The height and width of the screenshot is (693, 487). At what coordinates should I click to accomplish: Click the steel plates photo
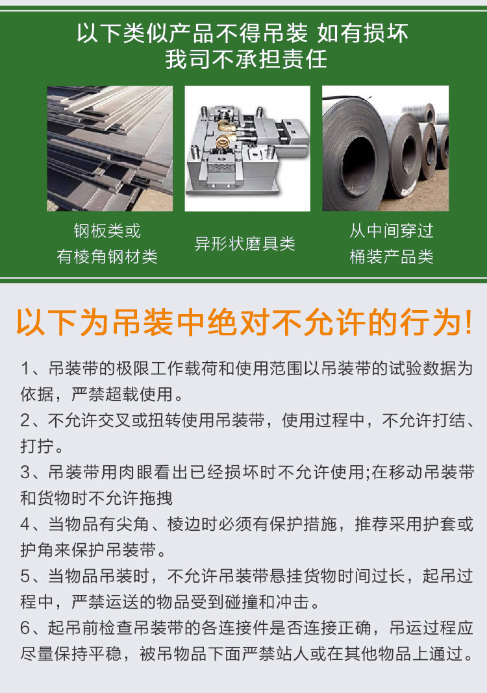coord(110,149)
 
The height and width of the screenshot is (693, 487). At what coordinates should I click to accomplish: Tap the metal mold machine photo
coord(247,149)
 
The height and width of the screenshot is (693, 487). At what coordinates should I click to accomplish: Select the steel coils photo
coord(385,149)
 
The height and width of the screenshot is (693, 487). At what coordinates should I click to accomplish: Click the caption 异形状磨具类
coord(245,243)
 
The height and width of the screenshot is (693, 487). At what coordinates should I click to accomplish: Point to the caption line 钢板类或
coord(107,231)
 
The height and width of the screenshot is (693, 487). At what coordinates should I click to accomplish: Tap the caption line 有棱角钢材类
coord(107,256)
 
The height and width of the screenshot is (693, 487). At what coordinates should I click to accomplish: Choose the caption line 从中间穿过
coord(392,231)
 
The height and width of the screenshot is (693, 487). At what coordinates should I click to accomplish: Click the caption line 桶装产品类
coord(392,256)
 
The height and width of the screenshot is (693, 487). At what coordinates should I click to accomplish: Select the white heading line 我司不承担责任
coord(246,59)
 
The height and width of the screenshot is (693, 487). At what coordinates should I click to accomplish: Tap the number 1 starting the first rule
coord(25,369)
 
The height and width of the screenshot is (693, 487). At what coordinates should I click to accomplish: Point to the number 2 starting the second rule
coord(25,420)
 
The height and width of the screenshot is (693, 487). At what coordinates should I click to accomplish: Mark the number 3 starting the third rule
coord(25,472)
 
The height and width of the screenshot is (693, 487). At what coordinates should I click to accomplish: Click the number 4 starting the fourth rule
coord(25,524)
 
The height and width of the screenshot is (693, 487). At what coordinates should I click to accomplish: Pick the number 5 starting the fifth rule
coord(25,576)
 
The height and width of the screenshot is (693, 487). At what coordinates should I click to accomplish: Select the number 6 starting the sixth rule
coord(25,627)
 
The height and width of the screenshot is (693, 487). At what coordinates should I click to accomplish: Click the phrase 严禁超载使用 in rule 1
coord(122,395)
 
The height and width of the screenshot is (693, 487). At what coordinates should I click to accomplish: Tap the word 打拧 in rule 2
coord(37,446)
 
